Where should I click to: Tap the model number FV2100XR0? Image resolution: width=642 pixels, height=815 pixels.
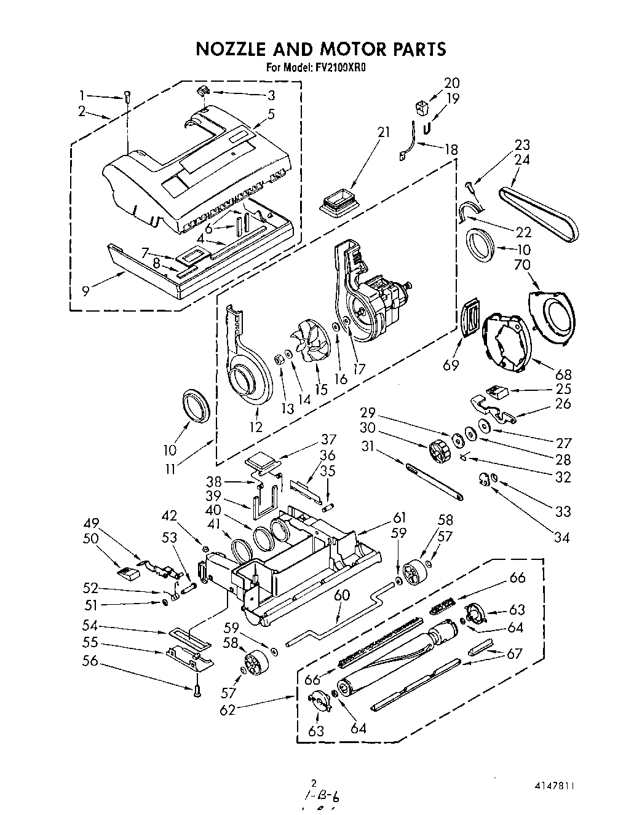click(x=341, y=68)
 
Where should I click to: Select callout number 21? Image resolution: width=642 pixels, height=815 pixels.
click(x=384, y=132)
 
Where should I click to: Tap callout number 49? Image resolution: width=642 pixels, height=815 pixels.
click(x=92, y=523)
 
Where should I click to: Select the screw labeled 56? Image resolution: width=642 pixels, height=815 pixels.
click(x=196, y=691)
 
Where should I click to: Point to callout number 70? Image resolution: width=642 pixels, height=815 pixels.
click(x=522, y=265)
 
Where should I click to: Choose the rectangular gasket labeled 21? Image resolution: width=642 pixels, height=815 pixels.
click(x=339, y=203)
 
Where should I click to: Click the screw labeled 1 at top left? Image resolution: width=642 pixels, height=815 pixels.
click(x=127, y=97)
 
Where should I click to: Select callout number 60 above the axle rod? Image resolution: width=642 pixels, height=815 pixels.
click(x=342, y=594)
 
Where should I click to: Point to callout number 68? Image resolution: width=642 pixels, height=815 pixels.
click(x=563, y=374)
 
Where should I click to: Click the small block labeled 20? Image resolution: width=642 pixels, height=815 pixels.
click(x=421, y=108)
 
